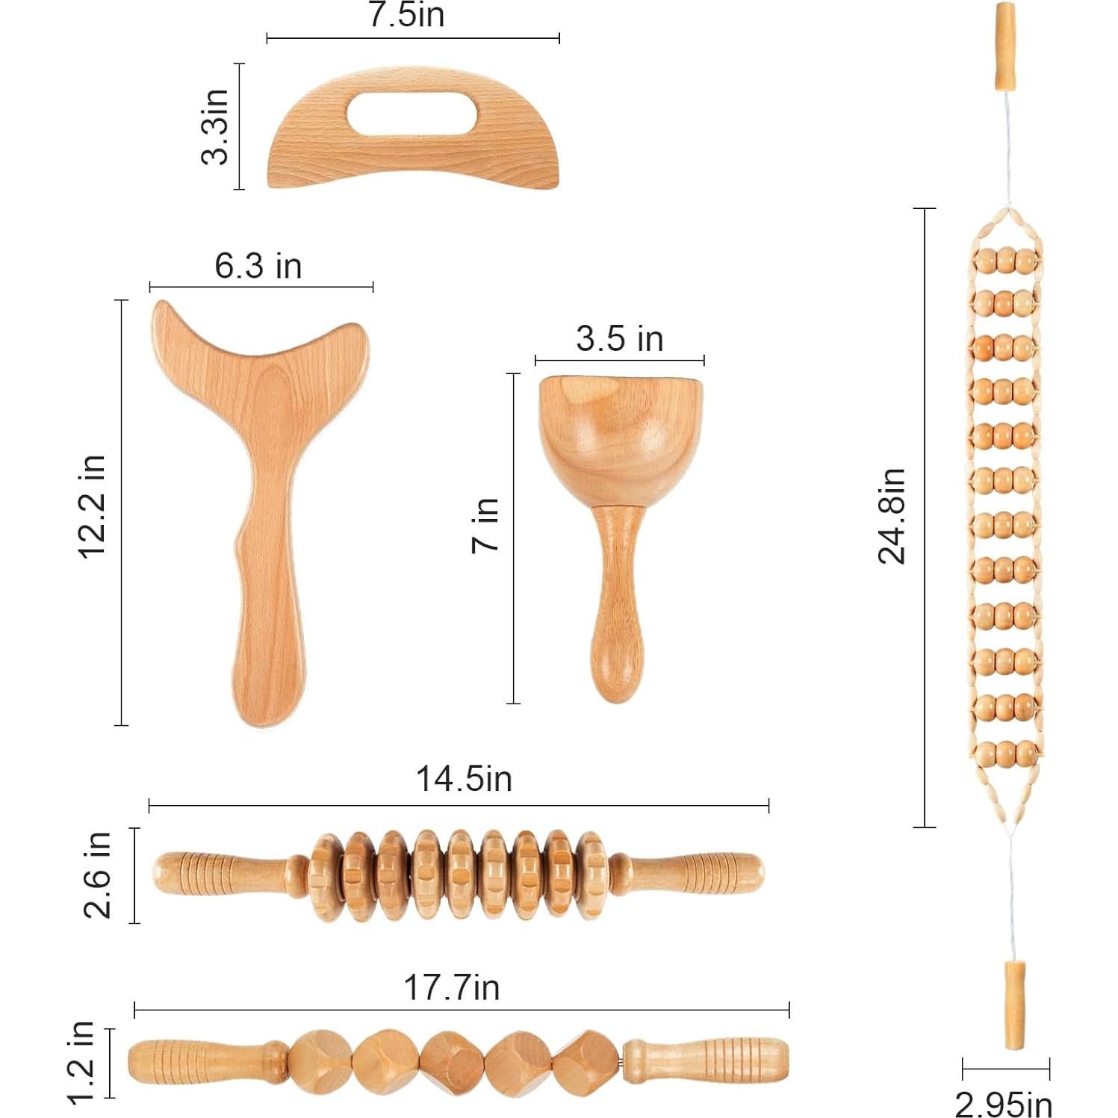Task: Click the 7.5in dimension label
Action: (407, 15)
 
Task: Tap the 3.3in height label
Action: (216, 126)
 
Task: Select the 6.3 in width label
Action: (258, 267)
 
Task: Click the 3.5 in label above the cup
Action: (619, 339)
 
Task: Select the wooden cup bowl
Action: (621, 437)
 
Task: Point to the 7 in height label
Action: (486, 525)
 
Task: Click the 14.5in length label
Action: (464, 779)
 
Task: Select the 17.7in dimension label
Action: (451, 987)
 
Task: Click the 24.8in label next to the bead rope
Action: (892, 516)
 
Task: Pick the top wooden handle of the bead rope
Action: (1006, 46)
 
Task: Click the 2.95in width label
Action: (1004, 1104)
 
